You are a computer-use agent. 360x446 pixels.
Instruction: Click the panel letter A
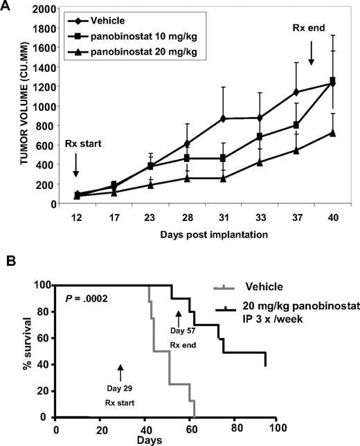[8, 6]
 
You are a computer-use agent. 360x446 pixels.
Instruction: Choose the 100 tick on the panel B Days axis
[277, 429]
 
